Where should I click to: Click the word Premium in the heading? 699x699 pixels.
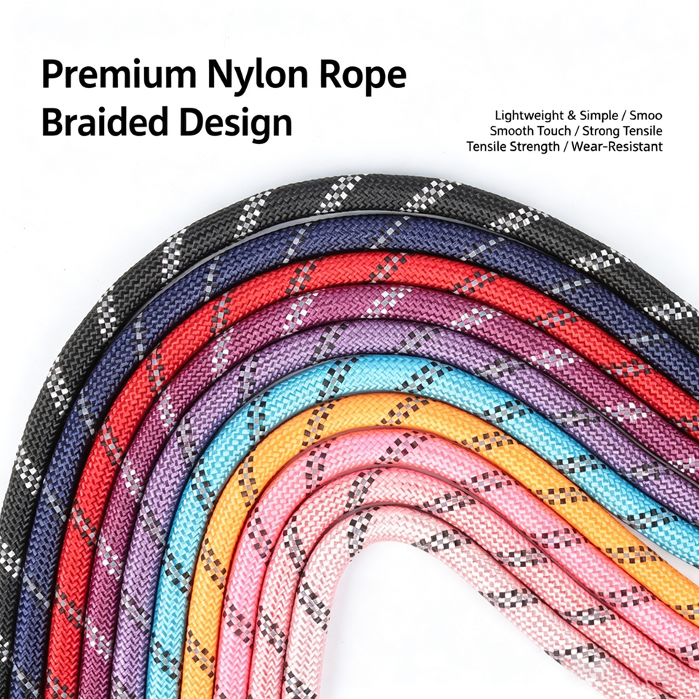coord(119,75)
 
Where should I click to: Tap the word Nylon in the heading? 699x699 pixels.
coord(258,76)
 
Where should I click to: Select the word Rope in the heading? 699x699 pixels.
coord(363,76)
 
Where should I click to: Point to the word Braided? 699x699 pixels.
coord(105,122)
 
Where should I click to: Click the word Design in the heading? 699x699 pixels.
coord(235,123)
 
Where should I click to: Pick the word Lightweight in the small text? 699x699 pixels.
coord(529,116)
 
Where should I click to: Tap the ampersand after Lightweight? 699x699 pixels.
coord(572,116)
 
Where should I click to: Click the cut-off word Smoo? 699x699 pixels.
coord(646,116)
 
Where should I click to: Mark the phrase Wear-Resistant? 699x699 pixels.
coord(617,146)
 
